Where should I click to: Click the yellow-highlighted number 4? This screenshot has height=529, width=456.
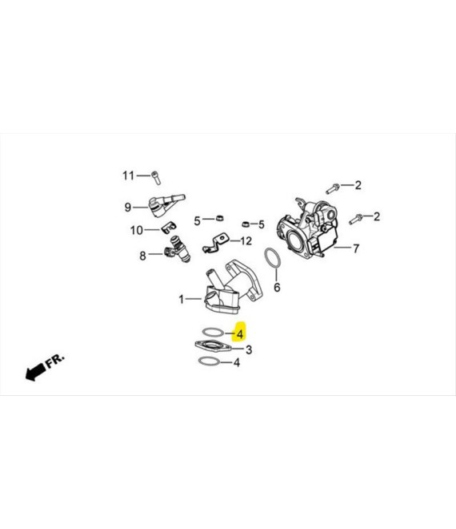[x=240, y=334]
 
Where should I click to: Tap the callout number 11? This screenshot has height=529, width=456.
[x=128, y=176]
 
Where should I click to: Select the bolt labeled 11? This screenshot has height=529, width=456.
[x=156, y=177]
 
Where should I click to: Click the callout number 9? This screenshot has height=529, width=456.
[x=128, y=207]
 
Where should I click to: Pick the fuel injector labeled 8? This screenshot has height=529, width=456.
[x=177, y=249]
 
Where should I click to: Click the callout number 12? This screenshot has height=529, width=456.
[x=246, y=241]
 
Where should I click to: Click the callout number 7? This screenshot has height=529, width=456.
[x=356, y=248]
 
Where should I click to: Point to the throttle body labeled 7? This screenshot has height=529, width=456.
[x=307, y=228]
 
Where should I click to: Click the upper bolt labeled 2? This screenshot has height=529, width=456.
[x=333, y=188]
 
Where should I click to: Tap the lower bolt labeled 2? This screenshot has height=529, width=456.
[x=356, y=219]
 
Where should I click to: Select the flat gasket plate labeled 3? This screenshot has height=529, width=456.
[x=213, y=346]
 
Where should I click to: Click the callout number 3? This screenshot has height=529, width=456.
[x=249, y=349]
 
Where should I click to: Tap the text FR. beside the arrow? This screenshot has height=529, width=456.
[x=54, y=361]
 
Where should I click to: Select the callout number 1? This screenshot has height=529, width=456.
[x=181, y=299]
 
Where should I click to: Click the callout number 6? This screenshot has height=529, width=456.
[x=277, y=288]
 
